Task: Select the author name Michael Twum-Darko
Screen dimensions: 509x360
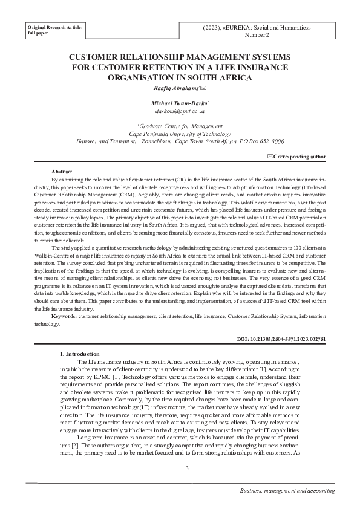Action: (179, 103)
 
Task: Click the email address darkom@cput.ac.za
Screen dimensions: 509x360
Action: (180, 111)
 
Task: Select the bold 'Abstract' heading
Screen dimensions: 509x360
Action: (62, 172)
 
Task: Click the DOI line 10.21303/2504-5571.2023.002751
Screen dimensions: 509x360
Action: (283, 340)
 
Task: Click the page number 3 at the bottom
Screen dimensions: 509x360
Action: (187, 468)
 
